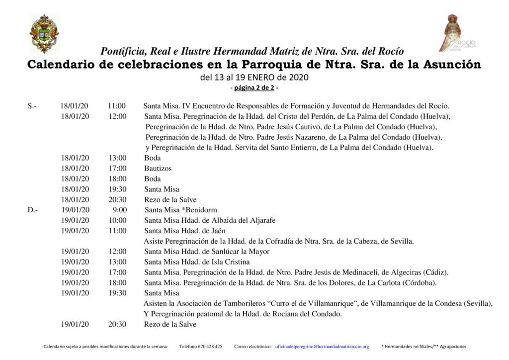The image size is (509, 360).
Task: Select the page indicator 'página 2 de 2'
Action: [254, 88]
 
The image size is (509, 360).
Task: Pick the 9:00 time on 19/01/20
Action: [120, 210]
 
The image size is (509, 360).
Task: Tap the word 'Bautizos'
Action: [158, 169]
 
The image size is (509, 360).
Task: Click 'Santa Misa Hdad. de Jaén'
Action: [185, 231]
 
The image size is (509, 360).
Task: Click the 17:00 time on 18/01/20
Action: [118, 169]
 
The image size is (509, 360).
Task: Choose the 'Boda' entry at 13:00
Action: [153, 158]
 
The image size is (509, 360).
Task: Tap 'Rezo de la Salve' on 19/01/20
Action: [170, 325]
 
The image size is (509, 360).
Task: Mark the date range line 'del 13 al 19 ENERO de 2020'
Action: [254, 78]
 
